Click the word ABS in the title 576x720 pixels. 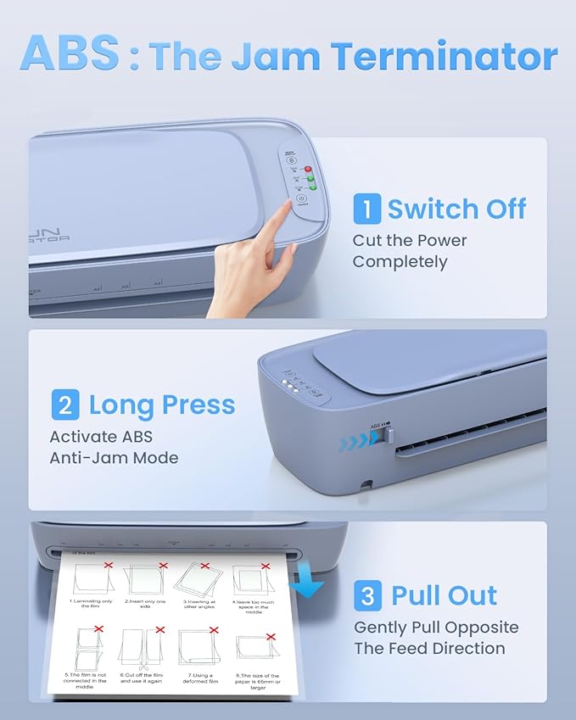click(70, 53)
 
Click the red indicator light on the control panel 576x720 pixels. click(310, 168)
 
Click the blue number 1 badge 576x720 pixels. click(366, 209)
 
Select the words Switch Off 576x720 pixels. click(456, 209)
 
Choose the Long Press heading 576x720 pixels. click(161, 405)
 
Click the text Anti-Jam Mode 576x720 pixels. click(114, 458)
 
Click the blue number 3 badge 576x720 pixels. click(366, 595)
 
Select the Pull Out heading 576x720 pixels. click(444, 595)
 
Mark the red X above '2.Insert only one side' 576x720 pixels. click(163, 564)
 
